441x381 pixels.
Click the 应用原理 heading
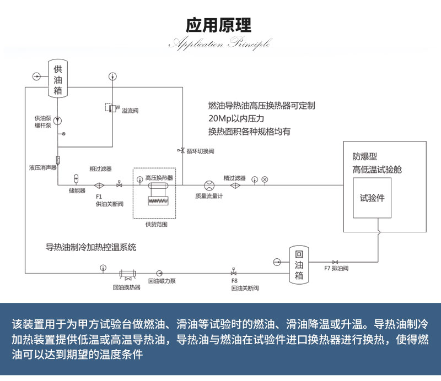point(220,25)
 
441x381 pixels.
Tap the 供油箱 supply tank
point(58,79)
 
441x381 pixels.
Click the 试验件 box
point(372,198)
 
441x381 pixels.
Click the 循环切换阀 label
point(200,151)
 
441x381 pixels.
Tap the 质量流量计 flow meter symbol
point(209,186)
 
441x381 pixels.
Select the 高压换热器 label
point(159,178)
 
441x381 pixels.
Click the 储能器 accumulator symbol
point(77,179)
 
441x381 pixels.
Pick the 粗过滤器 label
point(101,168)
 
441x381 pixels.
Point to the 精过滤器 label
point(234,178)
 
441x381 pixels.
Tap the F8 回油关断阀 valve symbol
point(234,273)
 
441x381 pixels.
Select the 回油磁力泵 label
point(163,281)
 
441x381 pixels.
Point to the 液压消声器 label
point(43,167)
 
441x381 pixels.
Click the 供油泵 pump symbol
point(58,121)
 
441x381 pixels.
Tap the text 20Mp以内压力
point(236,118)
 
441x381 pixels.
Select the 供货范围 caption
point(156,224)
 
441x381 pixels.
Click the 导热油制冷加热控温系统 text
point(90,247)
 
